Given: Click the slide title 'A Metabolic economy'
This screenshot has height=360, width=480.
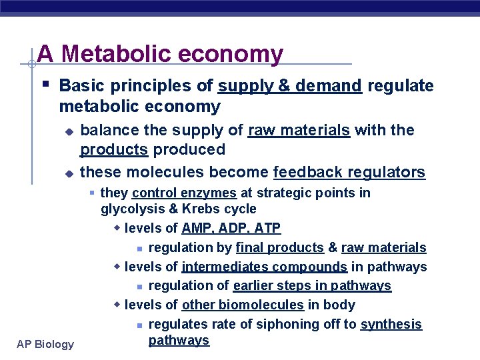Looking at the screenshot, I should tap(160, 53).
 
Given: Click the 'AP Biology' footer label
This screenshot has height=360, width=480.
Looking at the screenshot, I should tap(46, 344).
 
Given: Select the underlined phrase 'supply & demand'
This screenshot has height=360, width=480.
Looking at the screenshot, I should tap(289, 86).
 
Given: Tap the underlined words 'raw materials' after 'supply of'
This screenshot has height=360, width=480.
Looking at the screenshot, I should tap(299, 130).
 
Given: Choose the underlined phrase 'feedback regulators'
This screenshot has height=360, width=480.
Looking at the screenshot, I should tap(349, 173).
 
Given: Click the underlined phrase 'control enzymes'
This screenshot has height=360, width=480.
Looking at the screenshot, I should tap(184, 193).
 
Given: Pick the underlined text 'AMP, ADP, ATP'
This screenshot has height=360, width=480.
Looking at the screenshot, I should tap(231, 229).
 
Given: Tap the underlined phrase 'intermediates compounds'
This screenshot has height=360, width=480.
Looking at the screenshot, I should tap(264, 267).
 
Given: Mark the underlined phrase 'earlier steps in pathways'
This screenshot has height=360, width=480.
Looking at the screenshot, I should tap(312, 286).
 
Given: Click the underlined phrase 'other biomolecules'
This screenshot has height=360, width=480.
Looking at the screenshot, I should tap(243, 305).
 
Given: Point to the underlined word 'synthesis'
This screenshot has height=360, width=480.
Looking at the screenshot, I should tap(391, 325).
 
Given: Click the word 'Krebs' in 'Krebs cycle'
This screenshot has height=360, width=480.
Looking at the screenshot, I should tap(193, 209).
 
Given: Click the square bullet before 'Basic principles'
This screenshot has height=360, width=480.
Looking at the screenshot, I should tap(43, 85).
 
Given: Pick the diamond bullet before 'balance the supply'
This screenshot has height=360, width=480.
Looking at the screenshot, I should tap(67, 131).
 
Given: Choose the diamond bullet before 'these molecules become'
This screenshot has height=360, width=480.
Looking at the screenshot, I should tap(67, 173).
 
